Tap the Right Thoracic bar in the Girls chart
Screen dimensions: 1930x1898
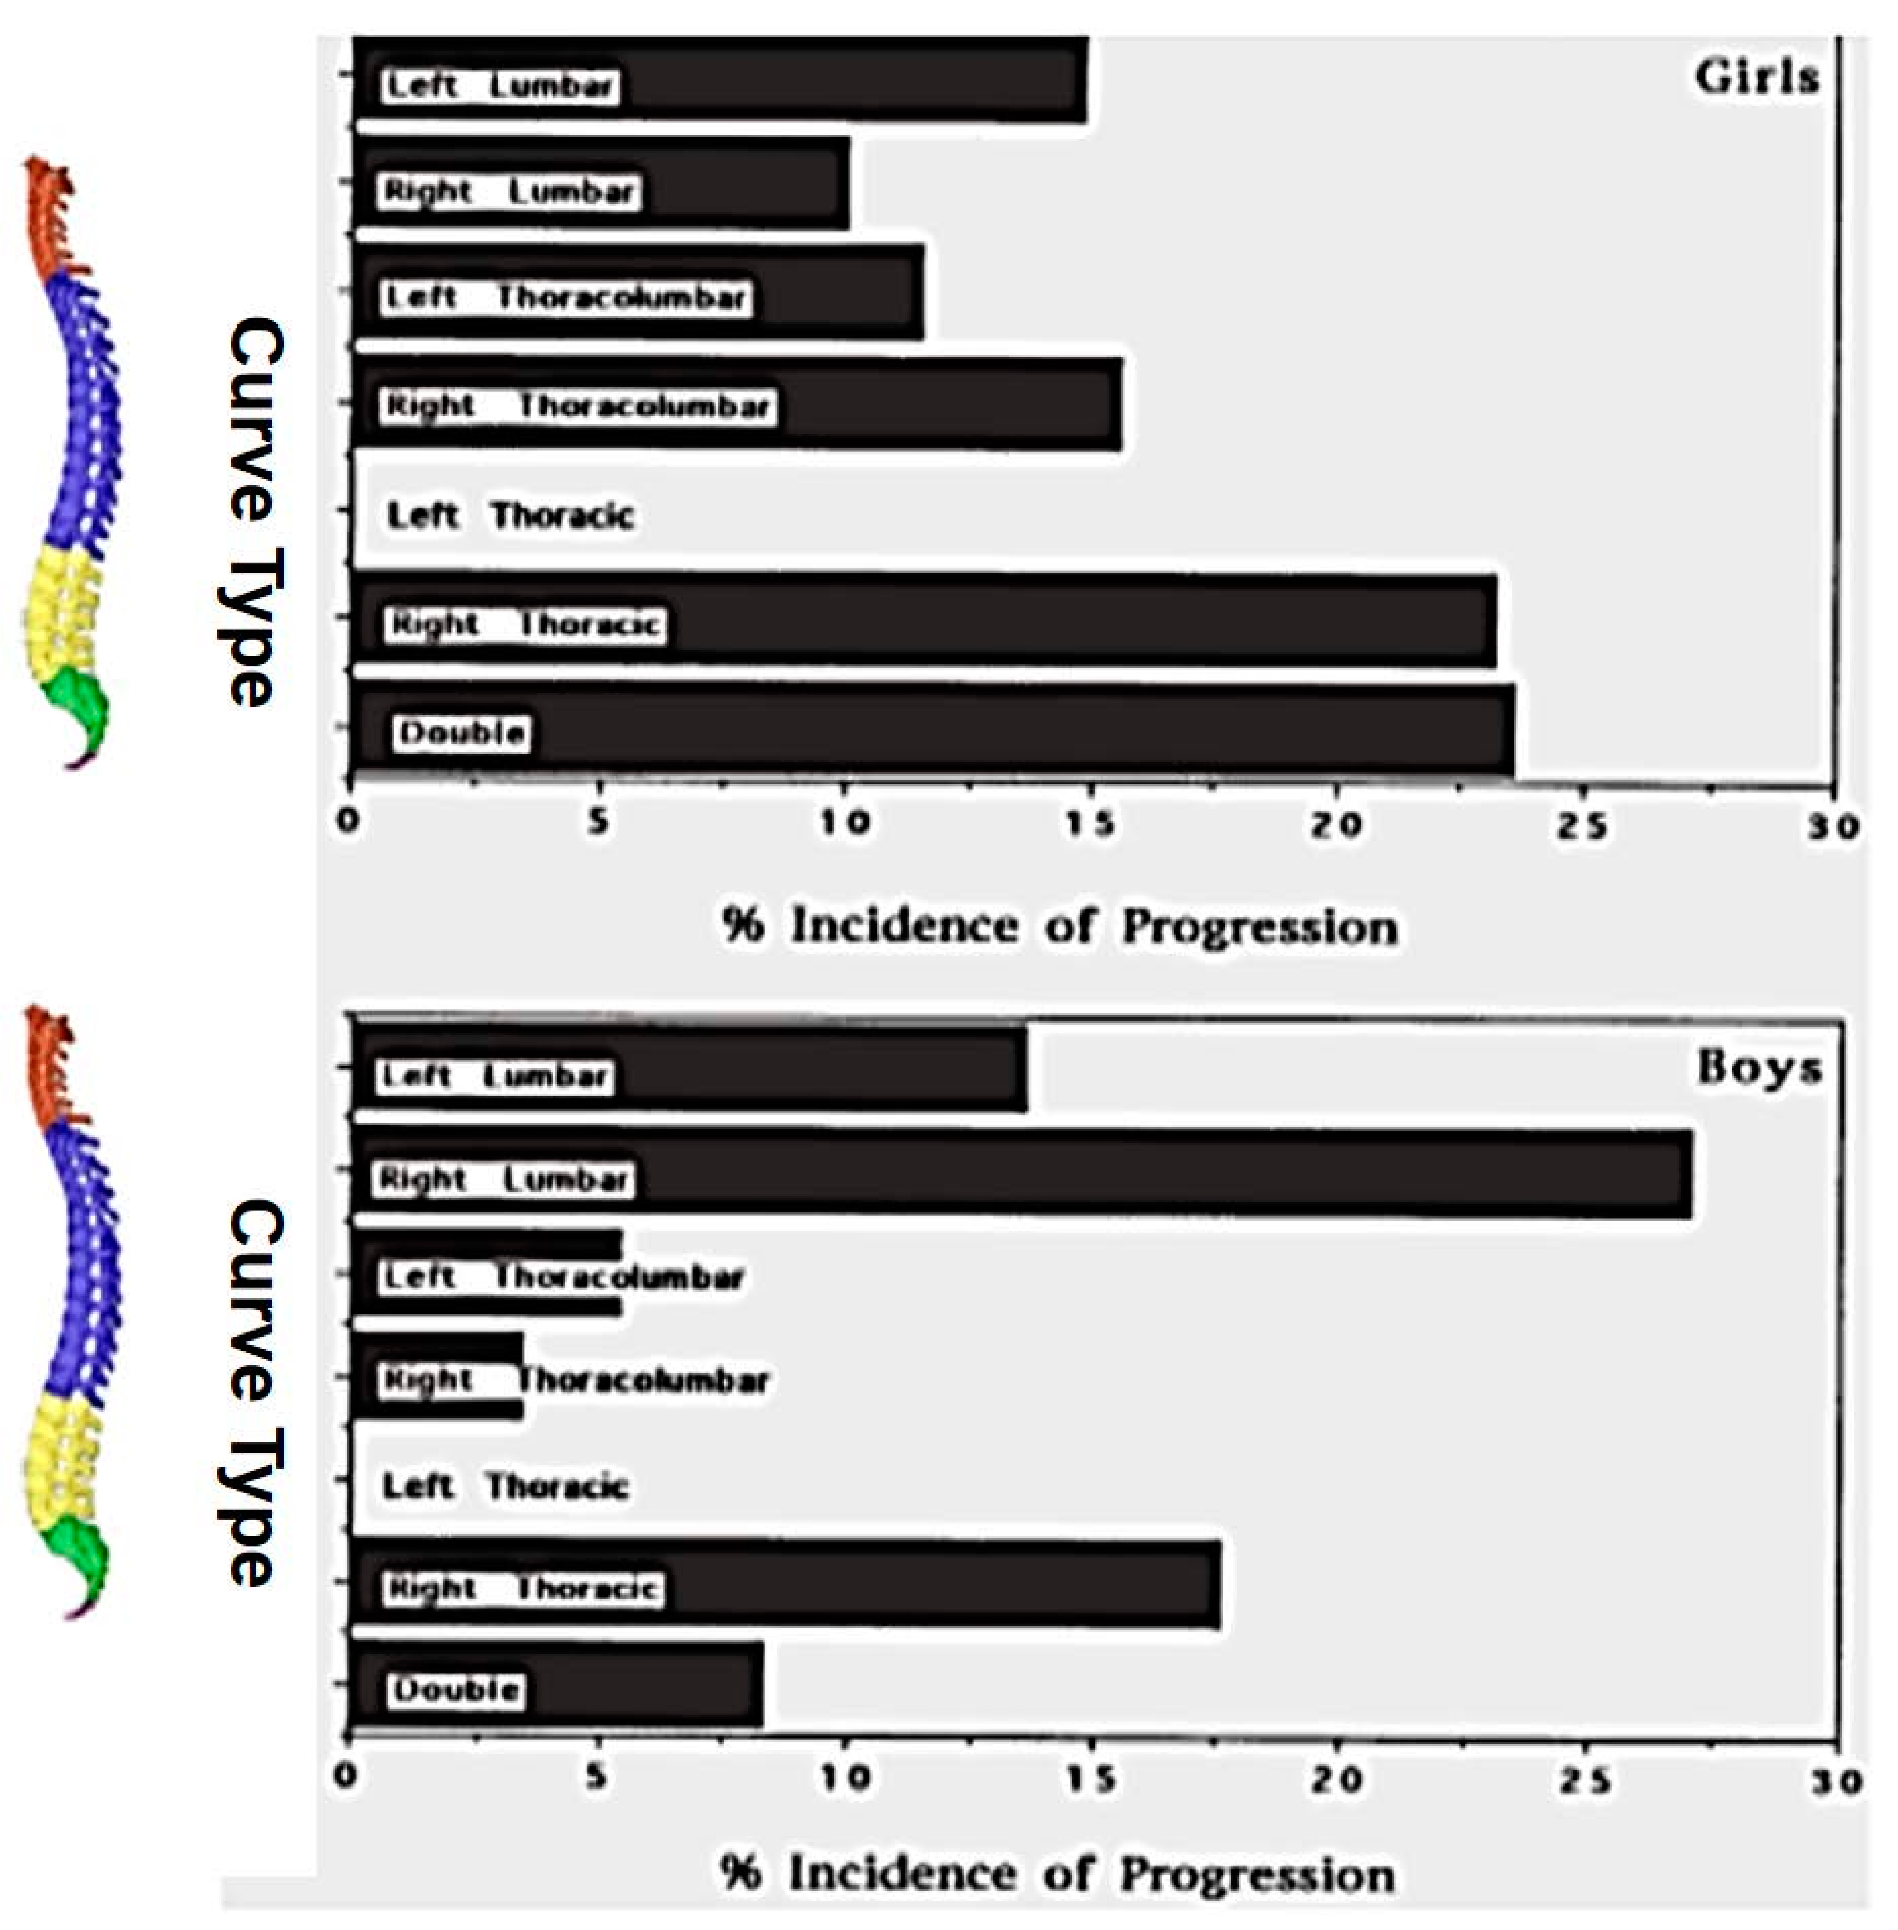1047,621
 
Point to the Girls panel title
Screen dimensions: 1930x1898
1757,77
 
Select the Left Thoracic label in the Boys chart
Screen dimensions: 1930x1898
505,1485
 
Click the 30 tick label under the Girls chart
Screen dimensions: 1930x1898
1832,825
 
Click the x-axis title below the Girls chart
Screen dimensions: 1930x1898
1059,926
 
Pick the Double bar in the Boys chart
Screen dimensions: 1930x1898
638,1688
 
